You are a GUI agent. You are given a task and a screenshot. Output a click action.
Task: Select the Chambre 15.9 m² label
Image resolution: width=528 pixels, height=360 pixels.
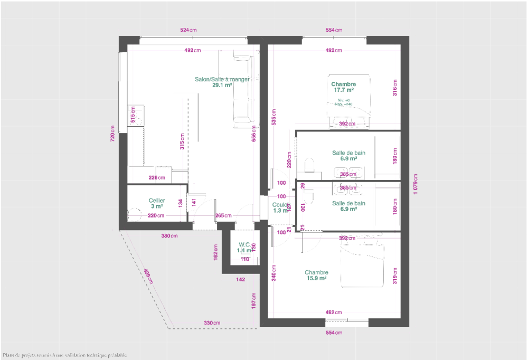pos(316,275)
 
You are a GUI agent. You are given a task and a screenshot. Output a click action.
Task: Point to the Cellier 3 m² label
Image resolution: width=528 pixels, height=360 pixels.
pos(156,203)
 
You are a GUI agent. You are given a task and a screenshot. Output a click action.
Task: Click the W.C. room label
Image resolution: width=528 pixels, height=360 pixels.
pos(244,248)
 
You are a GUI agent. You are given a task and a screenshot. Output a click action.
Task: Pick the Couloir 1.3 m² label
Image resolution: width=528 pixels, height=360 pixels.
pos(280,207)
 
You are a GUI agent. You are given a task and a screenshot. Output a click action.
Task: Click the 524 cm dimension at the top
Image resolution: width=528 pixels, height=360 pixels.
pos(188,31)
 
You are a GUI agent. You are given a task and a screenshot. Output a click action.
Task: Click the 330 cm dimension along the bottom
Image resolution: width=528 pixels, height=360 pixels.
pos(212,323)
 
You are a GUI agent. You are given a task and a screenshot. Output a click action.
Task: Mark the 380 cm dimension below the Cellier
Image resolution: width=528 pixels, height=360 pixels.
pos(169,236)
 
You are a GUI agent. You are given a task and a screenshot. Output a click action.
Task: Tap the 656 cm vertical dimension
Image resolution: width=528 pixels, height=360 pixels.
pos(254,135)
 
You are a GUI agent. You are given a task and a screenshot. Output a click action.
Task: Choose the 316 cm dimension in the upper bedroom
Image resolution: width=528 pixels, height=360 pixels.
pos(394,87)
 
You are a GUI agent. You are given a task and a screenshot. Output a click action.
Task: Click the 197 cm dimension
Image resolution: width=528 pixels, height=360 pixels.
pos(254,301)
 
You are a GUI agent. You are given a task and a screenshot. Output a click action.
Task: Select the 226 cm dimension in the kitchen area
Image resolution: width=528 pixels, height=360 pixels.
pos(156,178)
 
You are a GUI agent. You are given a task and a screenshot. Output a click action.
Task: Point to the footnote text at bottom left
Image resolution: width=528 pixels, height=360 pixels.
pos(64,355)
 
